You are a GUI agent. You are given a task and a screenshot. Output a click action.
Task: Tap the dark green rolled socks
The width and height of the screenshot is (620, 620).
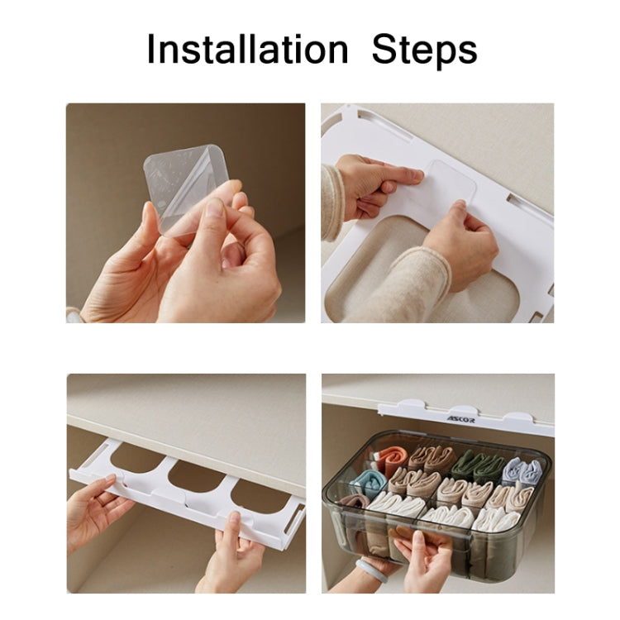[x=477, y=463]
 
